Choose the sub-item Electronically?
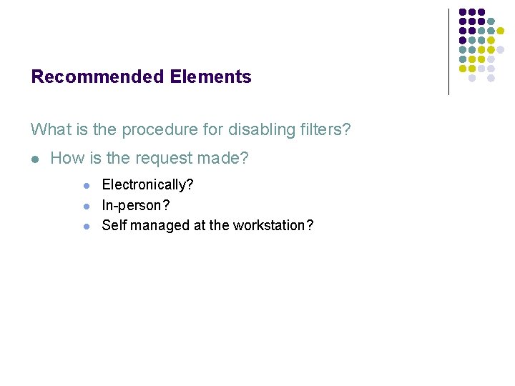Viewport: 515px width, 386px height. point(147,185)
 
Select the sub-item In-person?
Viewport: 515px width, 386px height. point(136,205)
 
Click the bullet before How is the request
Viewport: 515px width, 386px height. point(35,159)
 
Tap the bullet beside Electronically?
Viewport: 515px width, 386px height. point(87,186)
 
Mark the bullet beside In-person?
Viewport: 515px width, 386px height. point(87,206)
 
